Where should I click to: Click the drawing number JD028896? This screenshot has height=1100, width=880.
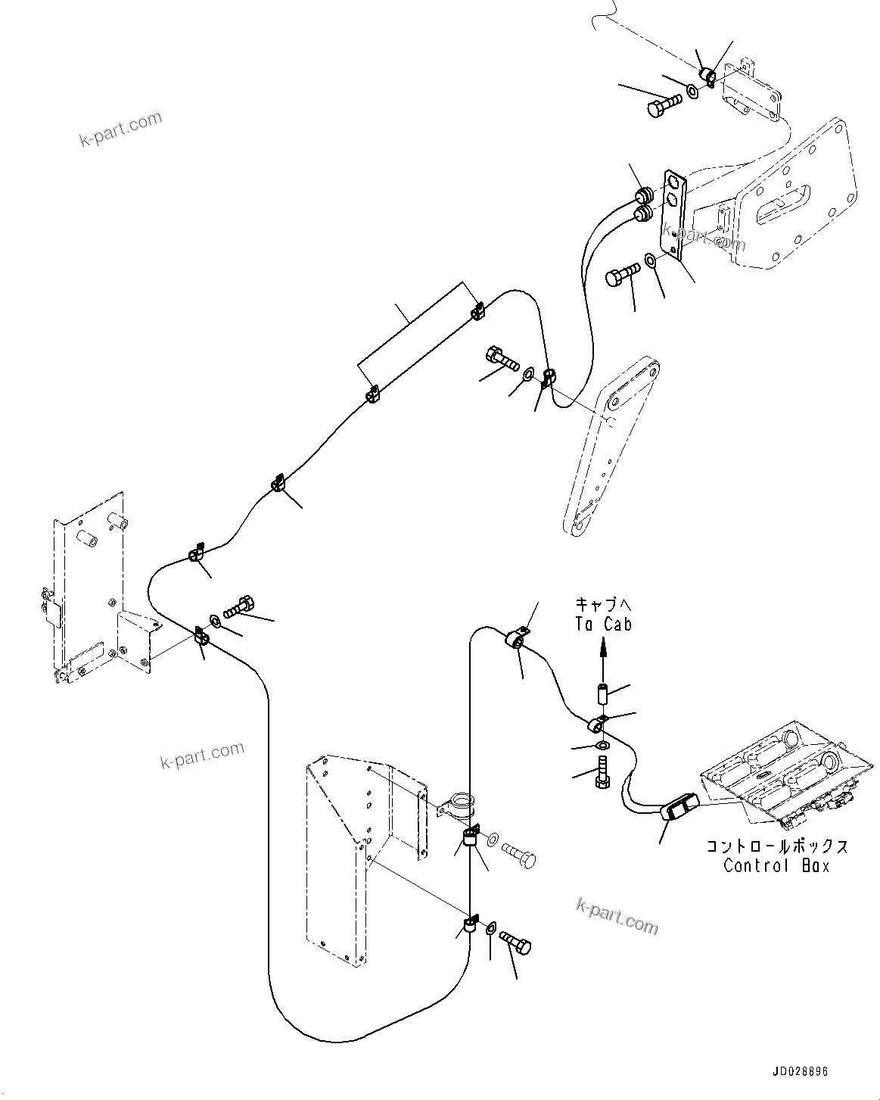coord(801,1073)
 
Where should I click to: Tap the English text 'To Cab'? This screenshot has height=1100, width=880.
coord(602,623)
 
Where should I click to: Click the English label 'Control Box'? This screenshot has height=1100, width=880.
coord(776,865)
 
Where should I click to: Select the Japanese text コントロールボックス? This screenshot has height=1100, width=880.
coord(776,846)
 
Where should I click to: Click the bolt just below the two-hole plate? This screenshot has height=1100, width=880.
coord(620,276)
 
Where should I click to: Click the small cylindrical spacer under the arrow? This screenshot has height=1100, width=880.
coord(601,693)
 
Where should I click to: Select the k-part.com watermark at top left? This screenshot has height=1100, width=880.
coord(121,129)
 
